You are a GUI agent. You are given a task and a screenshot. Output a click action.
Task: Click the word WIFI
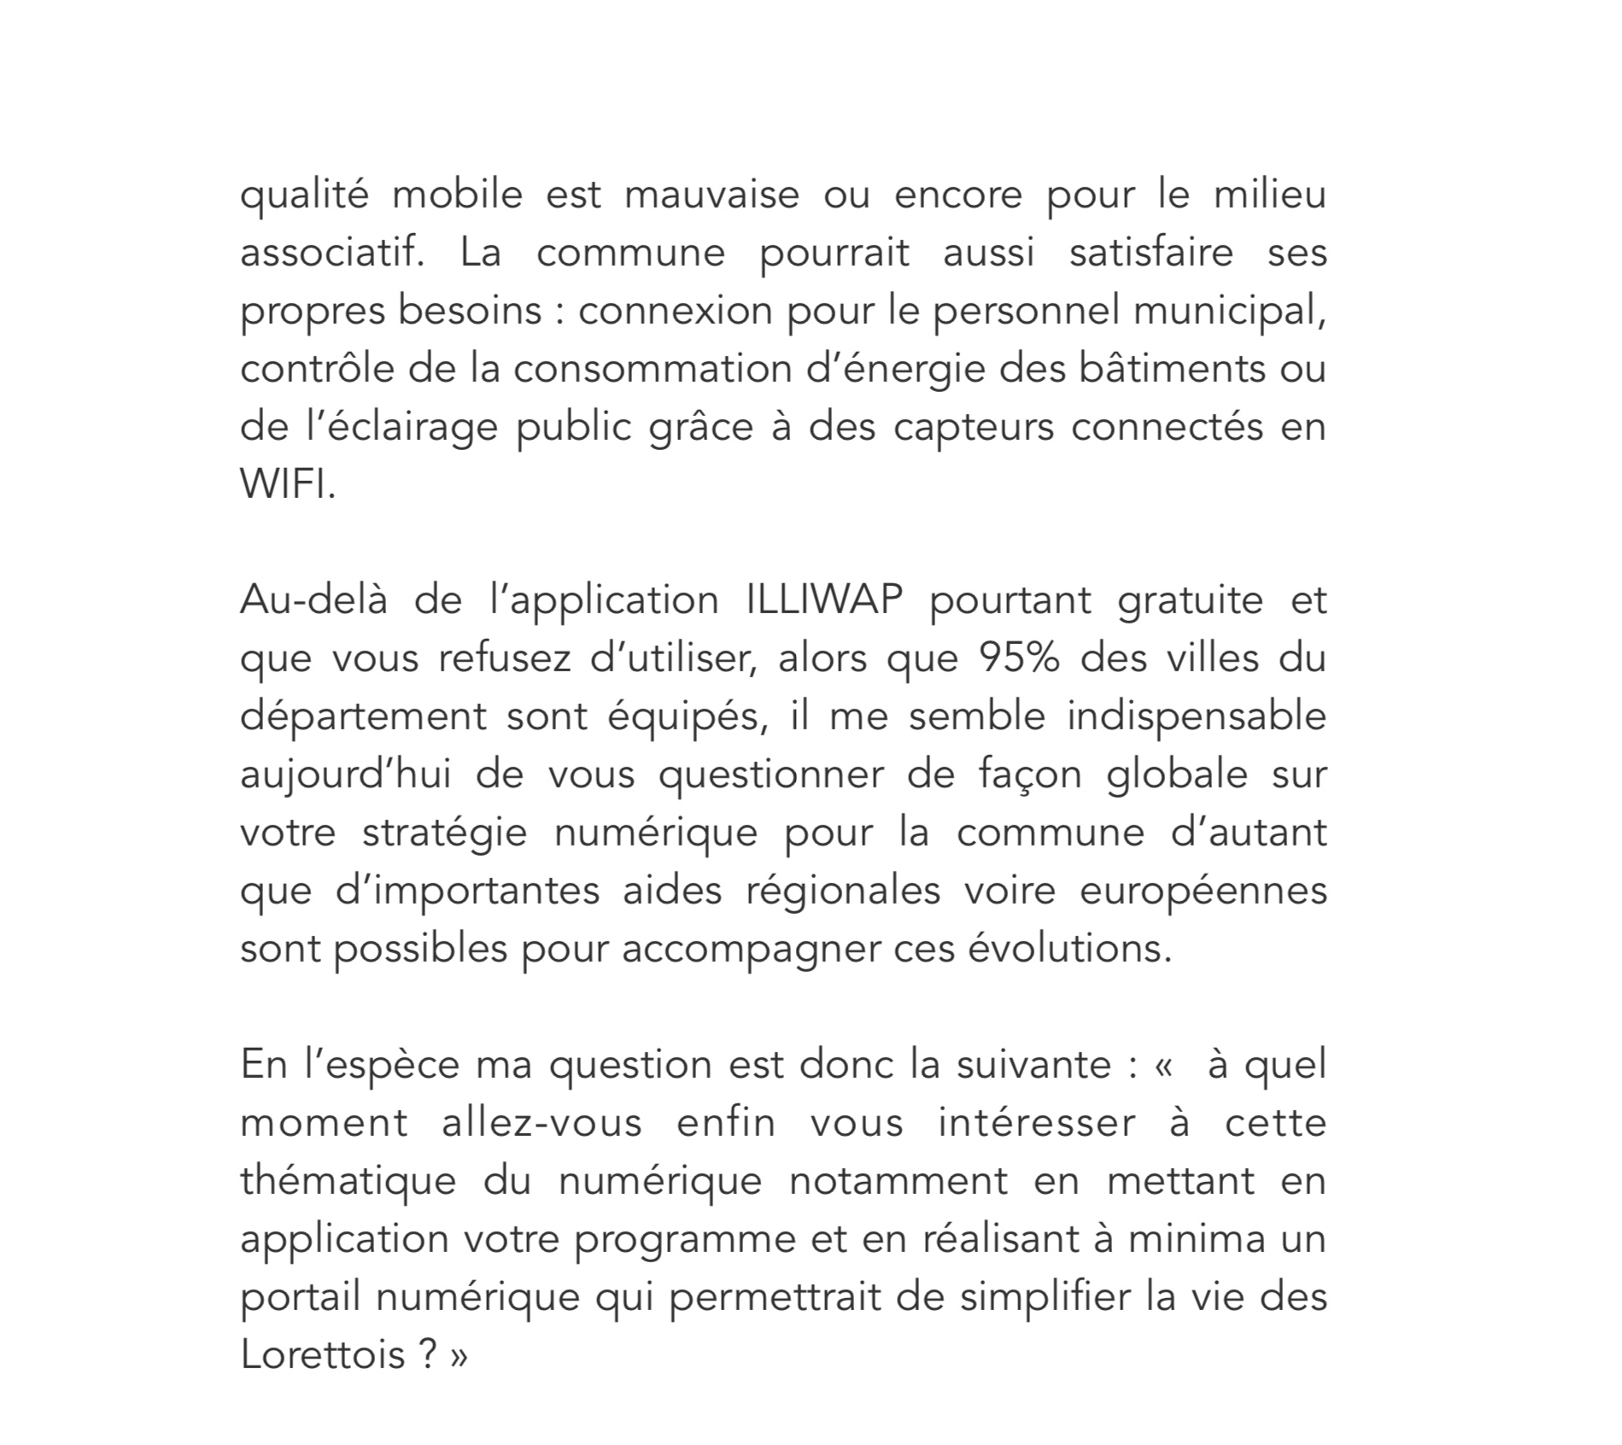tap(287, 485)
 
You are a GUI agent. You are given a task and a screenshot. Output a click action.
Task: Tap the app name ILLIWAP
tap(824, 600)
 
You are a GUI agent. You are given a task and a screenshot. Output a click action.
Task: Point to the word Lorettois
tap(322, 1354)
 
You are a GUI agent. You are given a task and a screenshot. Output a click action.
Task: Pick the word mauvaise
tap(711, 195)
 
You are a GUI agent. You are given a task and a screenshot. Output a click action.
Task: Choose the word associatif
tap(331, 253)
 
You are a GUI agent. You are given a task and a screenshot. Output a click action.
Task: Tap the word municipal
tap(1230, 311)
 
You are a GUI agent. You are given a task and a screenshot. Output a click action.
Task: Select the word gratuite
tap(1190, 600)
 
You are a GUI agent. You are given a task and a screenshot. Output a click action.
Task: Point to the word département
tap(363, 717)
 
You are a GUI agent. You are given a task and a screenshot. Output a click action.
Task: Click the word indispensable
tap(1197, 716)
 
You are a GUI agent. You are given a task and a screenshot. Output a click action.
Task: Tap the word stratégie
tap(445, 834)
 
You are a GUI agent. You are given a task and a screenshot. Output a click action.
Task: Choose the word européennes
tap(1203, 891)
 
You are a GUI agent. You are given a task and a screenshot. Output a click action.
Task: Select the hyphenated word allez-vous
tap(542, 1122)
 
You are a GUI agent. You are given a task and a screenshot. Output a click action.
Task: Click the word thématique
tap(348, 1181)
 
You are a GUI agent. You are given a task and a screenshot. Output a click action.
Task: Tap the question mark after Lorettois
tap(429, 1354)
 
